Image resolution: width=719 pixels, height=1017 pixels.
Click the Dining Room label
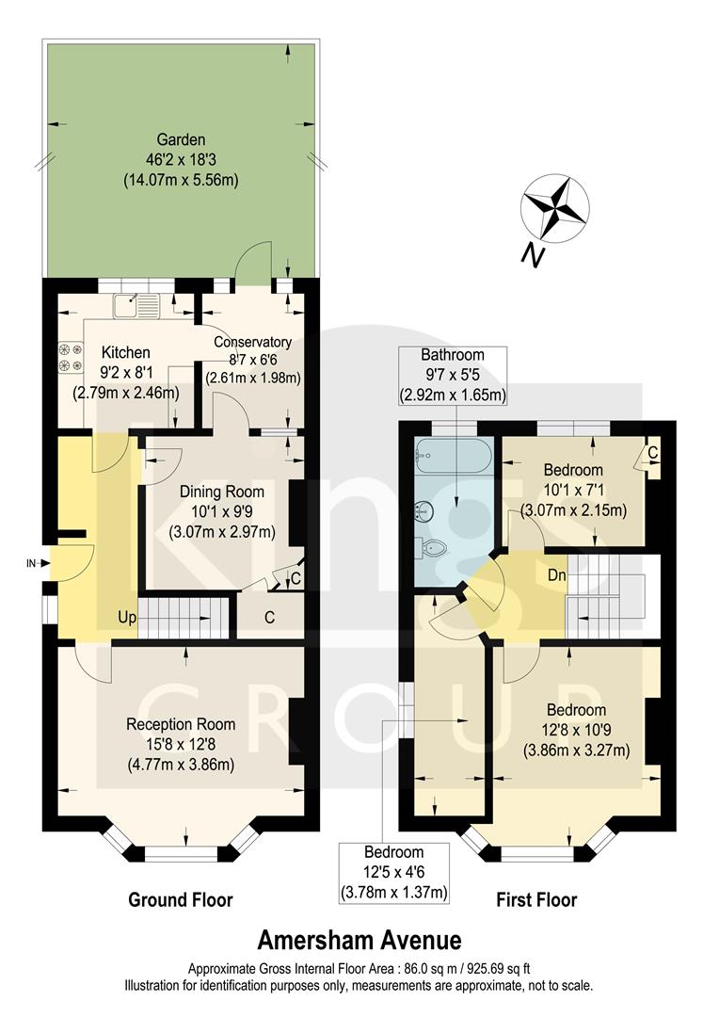click(x=221, y=510)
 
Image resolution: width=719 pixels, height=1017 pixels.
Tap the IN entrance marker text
click(x=30, y=564)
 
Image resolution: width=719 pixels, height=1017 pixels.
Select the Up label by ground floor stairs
click(x=128, y=617)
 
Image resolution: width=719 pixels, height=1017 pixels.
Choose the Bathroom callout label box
click(x=452, y=375)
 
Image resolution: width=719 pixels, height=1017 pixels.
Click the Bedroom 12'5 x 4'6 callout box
click(x=394, y=872)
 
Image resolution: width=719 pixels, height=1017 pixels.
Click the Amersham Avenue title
click(x=359, y=940)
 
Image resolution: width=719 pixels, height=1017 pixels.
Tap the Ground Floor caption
click(x=181, y=900)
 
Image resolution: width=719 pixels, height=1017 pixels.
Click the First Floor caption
click(x=536, y=900)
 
